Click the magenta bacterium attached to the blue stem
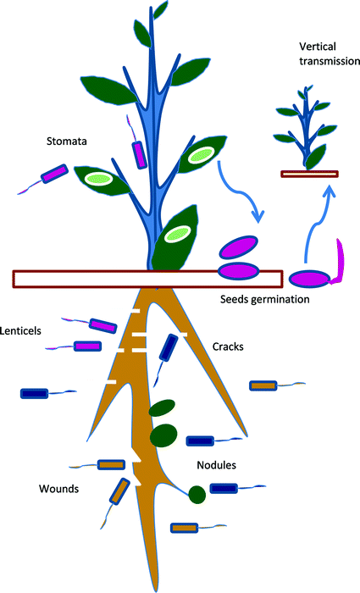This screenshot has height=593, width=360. coord(139,154)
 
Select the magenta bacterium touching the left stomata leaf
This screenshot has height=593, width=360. coord(54,175)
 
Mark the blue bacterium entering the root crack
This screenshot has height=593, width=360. coord(169,348)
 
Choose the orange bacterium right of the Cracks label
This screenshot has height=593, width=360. coord(263,385)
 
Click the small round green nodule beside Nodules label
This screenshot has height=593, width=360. coord(197,493)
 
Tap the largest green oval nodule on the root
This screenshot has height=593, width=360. coord(163,435)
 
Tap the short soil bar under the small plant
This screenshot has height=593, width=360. coord(309,174)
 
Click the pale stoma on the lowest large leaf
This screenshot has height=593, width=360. coord(177,233)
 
